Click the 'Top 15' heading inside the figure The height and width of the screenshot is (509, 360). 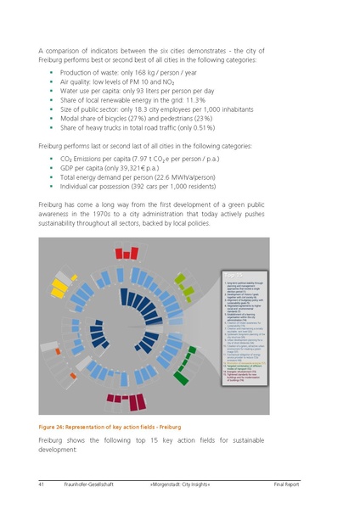[233, 276]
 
